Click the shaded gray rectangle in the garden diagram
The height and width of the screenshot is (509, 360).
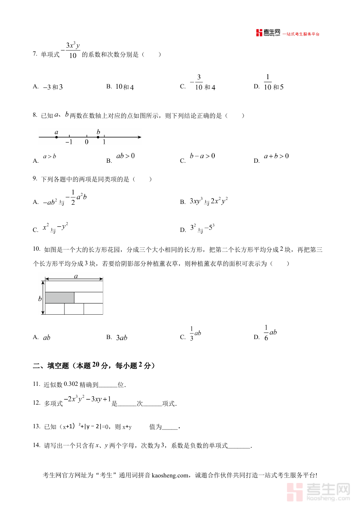pos(60,297)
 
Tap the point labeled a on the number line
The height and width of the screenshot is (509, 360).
pos(56,137)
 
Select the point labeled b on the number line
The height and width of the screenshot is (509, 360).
pos(98,137)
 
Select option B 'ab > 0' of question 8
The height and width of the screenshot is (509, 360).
pos(125,156)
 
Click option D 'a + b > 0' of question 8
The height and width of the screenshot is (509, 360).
pos(276,156)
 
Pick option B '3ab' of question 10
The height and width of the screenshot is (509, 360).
pos(121,338)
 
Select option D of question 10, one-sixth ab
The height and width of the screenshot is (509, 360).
pos(270,333)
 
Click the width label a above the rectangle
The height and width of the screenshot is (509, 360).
pos(76,276)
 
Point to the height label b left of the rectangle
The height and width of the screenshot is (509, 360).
pos(40,298)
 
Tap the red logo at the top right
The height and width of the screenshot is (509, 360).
pos(268,33)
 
